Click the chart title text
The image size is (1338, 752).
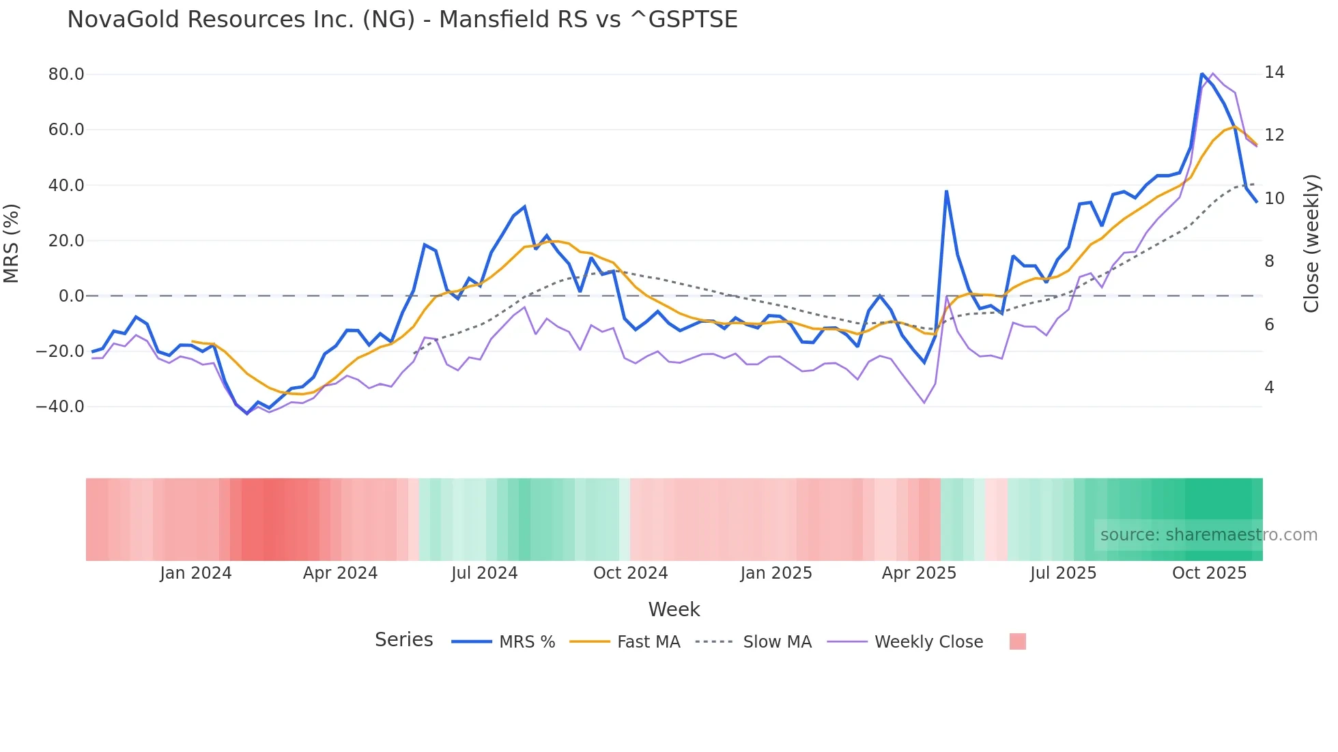(x=402, y=20)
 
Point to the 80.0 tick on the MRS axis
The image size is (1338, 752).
(x=66, y=74)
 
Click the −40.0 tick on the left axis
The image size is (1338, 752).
(x=60, y=407)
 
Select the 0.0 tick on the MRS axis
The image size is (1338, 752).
(x=71, y=296)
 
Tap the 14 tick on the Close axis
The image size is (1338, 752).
(x=1274, y=72)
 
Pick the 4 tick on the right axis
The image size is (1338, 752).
(x=1269, y=388)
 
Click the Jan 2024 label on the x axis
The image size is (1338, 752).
(x=196, y=573)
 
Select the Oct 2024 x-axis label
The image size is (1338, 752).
(x=630, y=573)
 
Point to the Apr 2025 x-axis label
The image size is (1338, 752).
(x=919, y=573)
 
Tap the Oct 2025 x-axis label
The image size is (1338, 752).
(x=1209, y=573)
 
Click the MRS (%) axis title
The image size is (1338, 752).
(x=12, y=243)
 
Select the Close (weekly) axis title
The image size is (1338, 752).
(x=1311, y=244)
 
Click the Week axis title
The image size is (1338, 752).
(x=674, y=609)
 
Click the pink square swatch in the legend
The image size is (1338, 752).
(x=1017, y=642)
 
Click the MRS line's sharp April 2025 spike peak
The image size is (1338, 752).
(x=946, y=192)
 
